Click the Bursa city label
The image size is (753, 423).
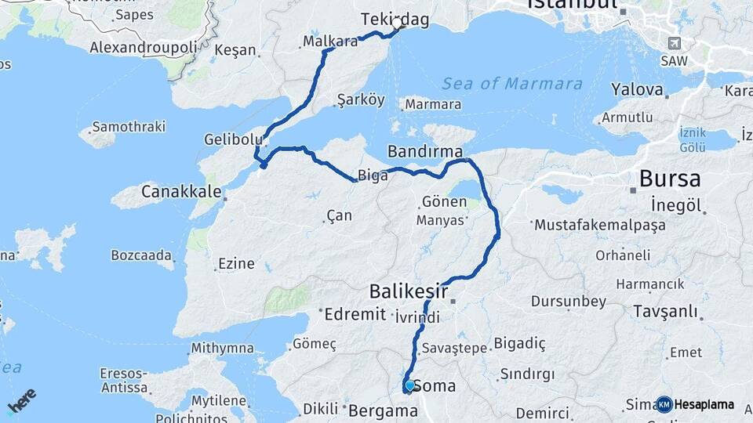coord(670,179)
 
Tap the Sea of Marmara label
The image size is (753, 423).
coord(512,84)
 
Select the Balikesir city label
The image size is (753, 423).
coord(409,293)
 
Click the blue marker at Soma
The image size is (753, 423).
coord(409,385)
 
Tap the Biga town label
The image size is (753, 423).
coord(373,175)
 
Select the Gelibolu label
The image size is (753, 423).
coord(232,139)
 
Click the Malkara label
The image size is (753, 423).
coord(330,42)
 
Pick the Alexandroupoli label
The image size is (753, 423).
coord(144,48)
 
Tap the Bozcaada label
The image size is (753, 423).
coord(141,255)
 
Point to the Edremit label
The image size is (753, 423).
coord(355,315)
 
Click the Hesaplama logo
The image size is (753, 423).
coord(695,404)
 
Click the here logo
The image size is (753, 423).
coord(21,400)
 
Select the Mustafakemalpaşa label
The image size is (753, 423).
coord(600,226)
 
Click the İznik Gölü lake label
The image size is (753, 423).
coord(693,140)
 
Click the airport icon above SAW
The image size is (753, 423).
coord(674,43)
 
